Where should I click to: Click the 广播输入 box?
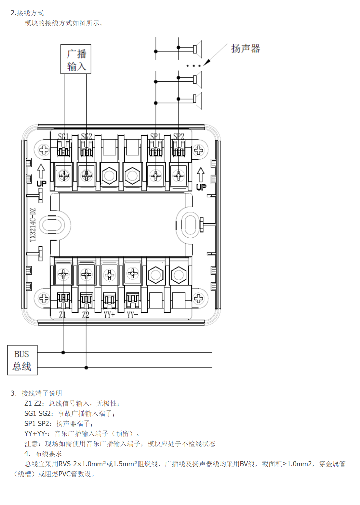pos(76,59)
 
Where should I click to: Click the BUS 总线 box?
pos(22,360)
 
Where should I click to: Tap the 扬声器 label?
pos(246,49)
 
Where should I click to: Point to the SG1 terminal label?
pos(63,136)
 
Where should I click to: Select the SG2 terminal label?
pos(87,136)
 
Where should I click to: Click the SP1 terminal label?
pos(155,136)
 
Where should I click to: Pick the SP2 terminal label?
pos(179,136)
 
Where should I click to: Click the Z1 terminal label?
pos(62,314)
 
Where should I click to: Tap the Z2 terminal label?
pos(86,314)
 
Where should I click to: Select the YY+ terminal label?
pos(109,314)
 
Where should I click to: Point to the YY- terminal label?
pos(132,314)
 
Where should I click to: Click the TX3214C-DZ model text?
pos(33,225)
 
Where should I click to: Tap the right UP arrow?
pos(201,179)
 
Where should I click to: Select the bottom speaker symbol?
pos(197,99)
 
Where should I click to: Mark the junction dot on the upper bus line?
pos(63,352)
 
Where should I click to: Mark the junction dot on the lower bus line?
pos(86,368)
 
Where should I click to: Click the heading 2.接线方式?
pos(27,13)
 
